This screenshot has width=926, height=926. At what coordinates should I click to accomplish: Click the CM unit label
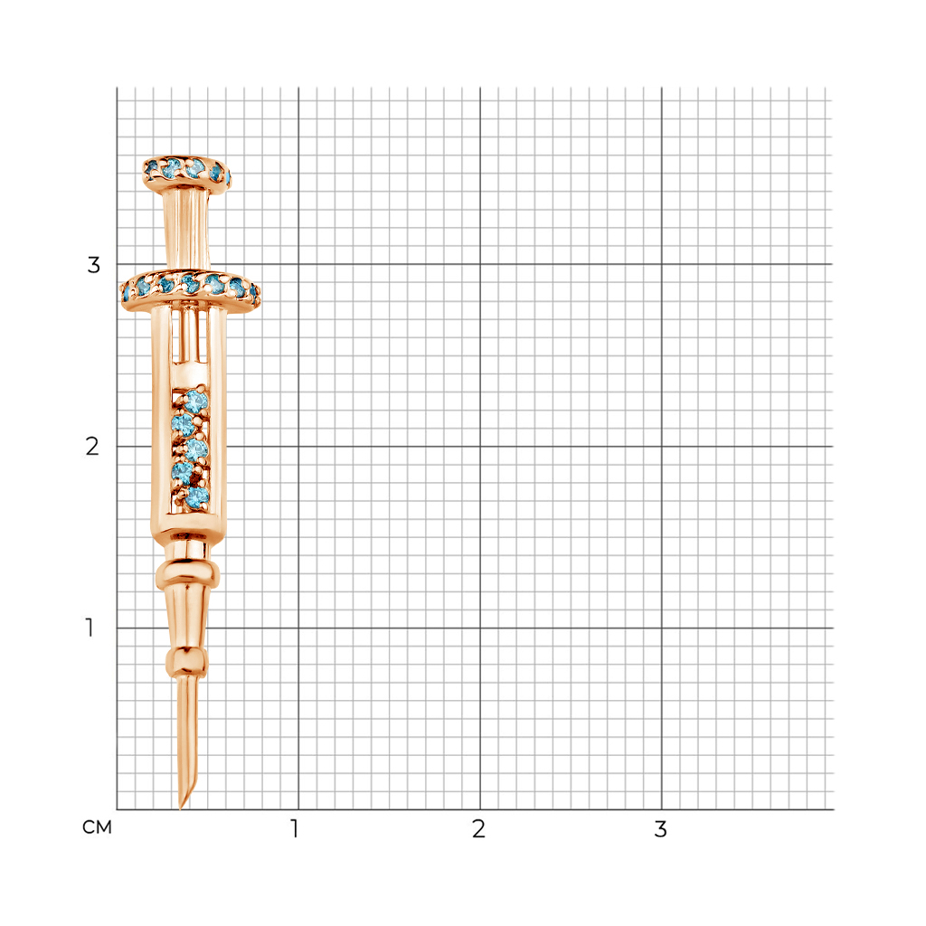click(x=97, y=827)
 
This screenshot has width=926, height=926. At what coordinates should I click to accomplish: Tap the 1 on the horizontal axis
click(x=295, y=828)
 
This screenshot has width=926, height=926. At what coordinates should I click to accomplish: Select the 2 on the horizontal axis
click(x=478, y=828)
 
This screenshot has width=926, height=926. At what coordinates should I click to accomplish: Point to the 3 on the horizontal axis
click(x=660, y=828)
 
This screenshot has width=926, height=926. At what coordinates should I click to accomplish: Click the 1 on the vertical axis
click(x=90, y=628)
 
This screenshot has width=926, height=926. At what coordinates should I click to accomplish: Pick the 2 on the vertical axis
click(x=92, y=447)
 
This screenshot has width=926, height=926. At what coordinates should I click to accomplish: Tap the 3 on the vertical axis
click(x=93, y=265)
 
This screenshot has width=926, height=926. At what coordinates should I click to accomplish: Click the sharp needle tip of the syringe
click(x=180, y=808)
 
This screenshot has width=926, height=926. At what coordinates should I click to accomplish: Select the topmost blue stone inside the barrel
click(x=195, y=402)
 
